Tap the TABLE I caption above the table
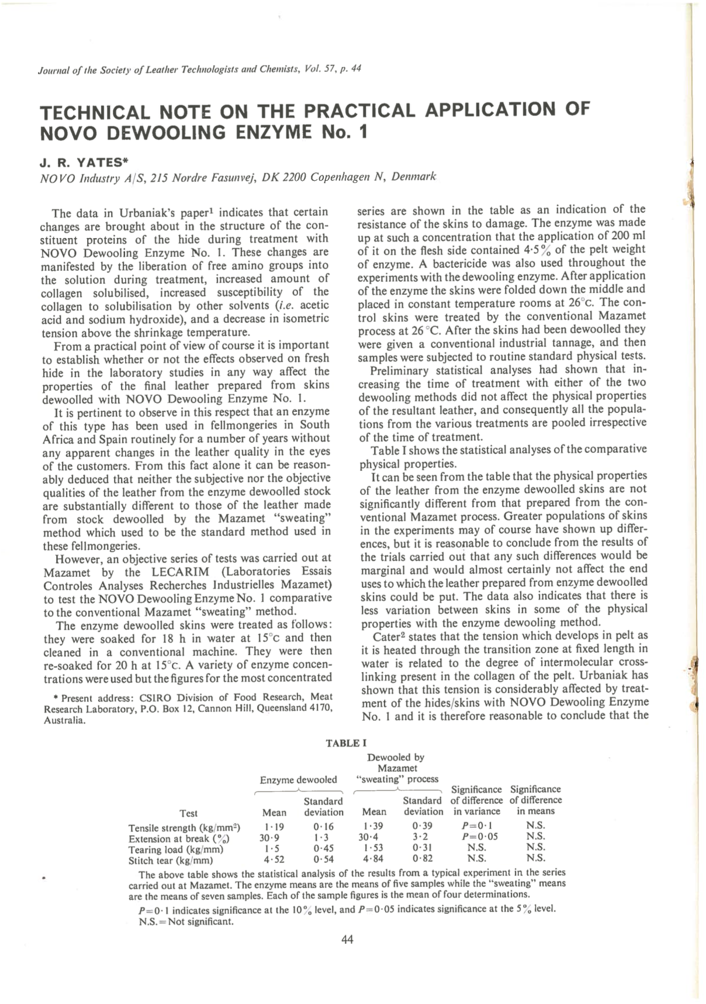click(x=346, y=743)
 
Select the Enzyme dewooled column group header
click(x=298, y=779)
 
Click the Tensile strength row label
click(x=184, y=827)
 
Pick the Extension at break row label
click(x=178, y=838)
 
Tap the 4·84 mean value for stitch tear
click(x=374, y=859)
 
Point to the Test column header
click(x=188, y=813)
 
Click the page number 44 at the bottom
click(x=347, y=940)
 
